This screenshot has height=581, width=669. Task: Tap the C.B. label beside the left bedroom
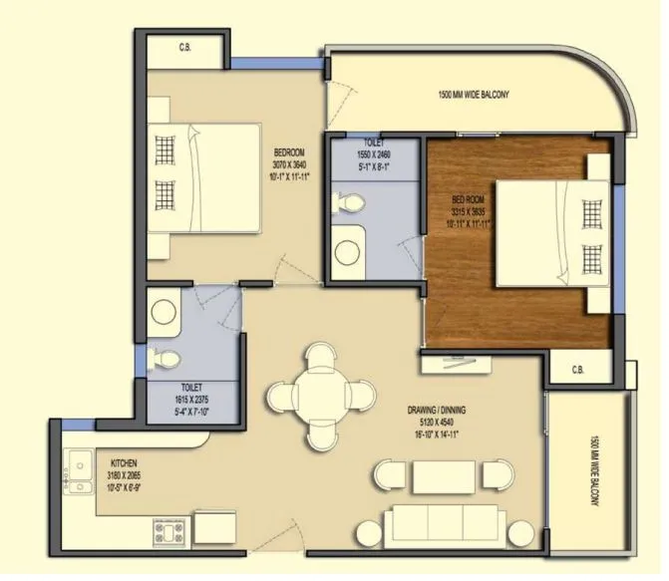(185, 47)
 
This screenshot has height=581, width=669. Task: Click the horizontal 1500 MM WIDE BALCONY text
(474, 95)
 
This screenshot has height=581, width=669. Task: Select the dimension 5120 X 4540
(437, 423)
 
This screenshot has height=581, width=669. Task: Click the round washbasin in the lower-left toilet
(164, 311)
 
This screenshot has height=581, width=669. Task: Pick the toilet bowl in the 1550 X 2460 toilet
(347, 202)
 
